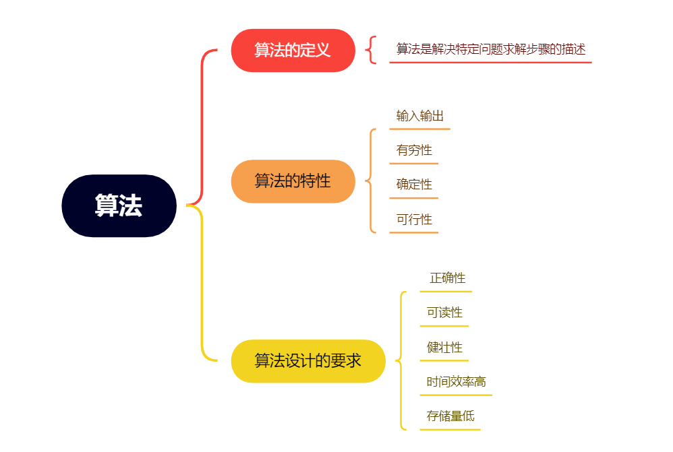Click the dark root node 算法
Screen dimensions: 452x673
[119, 205]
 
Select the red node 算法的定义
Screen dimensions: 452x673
[293, 50]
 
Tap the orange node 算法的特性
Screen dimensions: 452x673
[293, 181]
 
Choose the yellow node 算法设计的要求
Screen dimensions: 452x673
[308, 360]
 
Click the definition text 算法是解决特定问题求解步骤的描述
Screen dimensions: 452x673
[490, 49]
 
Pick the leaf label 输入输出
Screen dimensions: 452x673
[419, 116]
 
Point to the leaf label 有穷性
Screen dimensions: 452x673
[414, 150]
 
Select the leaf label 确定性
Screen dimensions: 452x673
[414, 185]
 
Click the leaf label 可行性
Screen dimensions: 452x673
[414, 220]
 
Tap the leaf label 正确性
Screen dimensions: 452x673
[447, 278]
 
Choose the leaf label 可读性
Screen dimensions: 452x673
[444, 313]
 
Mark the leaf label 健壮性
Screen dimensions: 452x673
[444, 348]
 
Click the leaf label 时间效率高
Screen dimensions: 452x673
[456, 382]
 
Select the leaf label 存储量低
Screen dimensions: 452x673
[450, 416]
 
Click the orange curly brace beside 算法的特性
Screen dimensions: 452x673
[370, 181]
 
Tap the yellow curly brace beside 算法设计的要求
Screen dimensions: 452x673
[401, 360]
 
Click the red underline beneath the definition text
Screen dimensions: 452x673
[490, 63]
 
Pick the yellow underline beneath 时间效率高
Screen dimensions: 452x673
[456, 395]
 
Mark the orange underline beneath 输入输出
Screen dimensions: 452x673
[419, 128]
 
